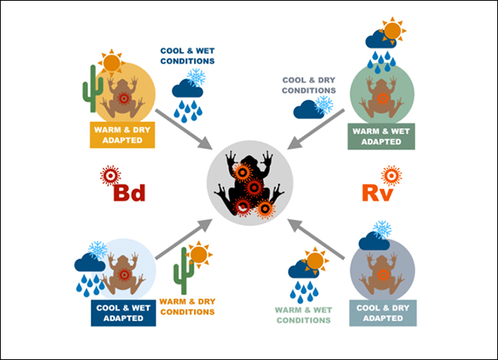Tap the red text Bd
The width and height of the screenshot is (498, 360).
tap(128, 191)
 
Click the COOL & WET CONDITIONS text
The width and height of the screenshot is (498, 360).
tap(187, 56)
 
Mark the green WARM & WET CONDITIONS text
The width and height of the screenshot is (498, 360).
tap(303, 315)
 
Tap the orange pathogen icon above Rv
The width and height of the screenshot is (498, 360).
tap(391, 175)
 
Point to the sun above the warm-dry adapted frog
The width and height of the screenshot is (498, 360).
tap(112, 61)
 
